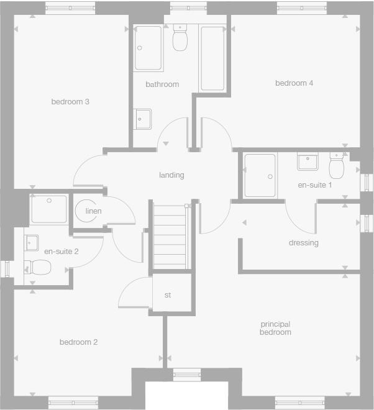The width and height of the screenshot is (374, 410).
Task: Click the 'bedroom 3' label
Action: coord(70,102)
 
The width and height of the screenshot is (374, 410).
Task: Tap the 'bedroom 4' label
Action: coord(294,83)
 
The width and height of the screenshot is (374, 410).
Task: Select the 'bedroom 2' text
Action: coord(78,342)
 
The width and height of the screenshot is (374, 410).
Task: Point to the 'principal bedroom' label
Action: coord(275,328)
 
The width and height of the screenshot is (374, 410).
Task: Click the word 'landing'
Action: coord(171,175)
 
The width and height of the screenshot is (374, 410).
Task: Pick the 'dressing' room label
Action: coord(303,243)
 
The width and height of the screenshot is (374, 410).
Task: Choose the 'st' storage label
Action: coord(168,295)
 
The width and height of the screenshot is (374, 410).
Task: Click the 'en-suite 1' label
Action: coord(314,185)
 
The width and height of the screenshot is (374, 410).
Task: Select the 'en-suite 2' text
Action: coord(61,252)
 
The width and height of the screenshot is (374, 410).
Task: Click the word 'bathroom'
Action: coord(162,84)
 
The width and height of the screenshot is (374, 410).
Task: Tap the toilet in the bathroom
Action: coord(180,39)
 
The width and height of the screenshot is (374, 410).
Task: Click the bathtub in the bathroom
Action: coord(212,58)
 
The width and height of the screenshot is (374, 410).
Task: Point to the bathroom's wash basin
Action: coord(143,118)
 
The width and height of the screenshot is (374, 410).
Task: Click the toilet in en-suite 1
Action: coord(337,166)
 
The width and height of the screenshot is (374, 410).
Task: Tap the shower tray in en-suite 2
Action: coord(48,209)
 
